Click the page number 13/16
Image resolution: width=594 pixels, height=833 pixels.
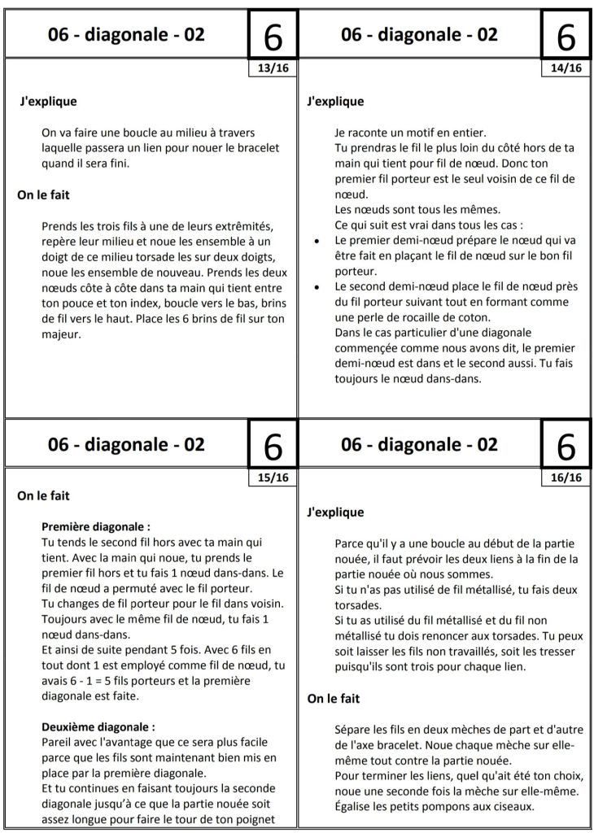tap(273, 68)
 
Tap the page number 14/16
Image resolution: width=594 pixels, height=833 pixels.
tap(566, 68)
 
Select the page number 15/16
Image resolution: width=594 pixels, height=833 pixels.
tap(273, 478)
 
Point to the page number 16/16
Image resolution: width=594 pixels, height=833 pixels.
tap(566, 478)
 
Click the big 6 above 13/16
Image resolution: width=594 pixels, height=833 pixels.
tap(273, 36)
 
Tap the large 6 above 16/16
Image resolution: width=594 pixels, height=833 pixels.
tap(566, 446)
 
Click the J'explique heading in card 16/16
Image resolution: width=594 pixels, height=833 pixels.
tap(335, 512)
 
